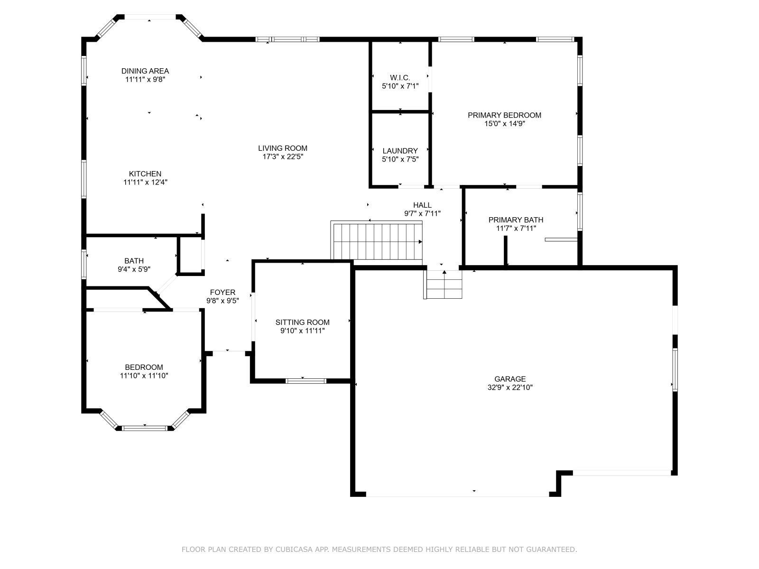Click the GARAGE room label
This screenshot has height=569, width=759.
[x=510, y=379]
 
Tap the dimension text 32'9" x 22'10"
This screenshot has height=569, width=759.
[x=510, y=387]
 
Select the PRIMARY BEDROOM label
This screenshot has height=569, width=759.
[x=504, y=115]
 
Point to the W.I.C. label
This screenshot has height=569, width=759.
[x=400, y=78]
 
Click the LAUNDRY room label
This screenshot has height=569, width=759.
[x=400, y=151]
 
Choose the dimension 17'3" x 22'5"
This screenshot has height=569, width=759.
[x=282, y=156]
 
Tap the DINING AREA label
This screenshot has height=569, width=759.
[x=145, y=71]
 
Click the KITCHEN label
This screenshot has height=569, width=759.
[x=145, y=174]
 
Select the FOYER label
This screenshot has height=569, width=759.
[x=222, y=293]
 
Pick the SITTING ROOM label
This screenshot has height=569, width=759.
[x=302, y=322]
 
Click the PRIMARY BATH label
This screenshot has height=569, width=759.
[x=516, y=220]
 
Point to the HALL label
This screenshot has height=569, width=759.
[x=422, y=205]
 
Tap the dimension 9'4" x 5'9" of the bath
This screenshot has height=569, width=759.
[x=134, y=269]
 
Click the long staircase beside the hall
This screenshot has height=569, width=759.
[x=377, y=242]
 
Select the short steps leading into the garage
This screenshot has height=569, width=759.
[x=444, y=284]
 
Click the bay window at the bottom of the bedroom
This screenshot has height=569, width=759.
[x=145, y=428]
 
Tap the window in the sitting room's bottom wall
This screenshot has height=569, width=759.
[x=306, y=380]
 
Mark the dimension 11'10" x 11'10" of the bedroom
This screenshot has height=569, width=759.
[x=144, y=376]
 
